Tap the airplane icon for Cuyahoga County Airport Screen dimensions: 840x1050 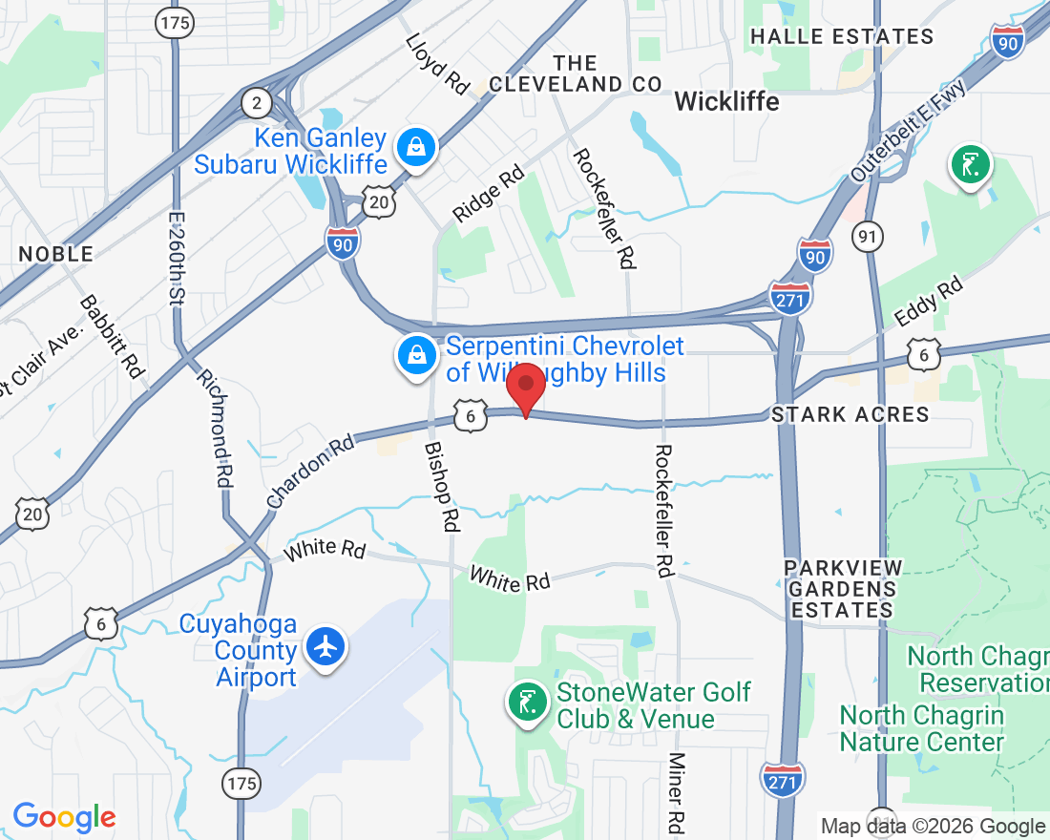(326, 646)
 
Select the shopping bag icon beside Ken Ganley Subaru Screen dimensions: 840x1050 (417, 148)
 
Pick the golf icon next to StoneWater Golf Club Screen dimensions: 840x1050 (527, 703)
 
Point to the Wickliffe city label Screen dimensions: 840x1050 (726, 101)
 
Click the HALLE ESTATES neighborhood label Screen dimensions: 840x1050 (841, 36)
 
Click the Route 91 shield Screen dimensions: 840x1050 (869, 238)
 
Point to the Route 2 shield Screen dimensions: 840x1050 (256, 102)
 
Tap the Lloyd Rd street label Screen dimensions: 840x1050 (437, 64)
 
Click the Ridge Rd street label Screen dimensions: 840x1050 (489, 194)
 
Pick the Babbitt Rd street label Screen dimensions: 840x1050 (111, 335)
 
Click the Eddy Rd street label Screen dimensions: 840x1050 (928, 302)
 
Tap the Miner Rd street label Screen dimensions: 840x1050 (677, 791)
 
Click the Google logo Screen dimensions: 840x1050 (64, 817)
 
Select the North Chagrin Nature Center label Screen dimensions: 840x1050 (922, 728)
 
